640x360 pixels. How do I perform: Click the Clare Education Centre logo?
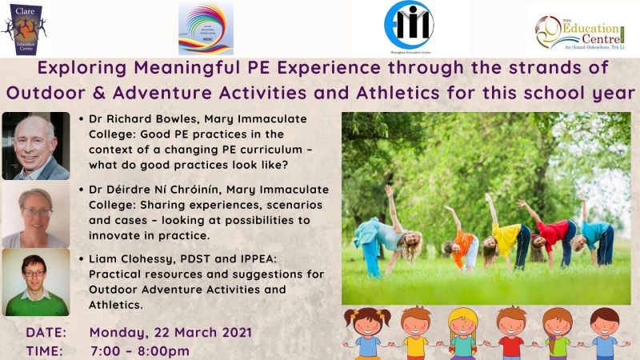25,28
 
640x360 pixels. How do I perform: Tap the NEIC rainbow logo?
206,28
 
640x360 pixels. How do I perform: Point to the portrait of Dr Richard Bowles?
35,146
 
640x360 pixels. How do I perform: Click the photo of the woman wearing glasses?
35,215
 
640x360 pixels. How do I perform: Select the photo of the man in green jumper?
35,282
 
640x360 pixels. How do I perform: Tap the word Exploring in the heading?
86,67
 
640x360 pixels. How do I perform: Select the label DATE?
46,332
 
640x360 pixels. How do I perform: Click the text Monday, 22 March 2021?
170,332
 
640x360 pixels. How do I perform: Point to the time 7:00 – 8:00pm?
140,350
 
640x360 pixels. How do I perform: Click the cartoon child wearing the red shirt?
511,332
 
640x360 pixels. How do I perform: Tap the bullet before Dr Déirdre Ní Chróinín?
84,190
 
